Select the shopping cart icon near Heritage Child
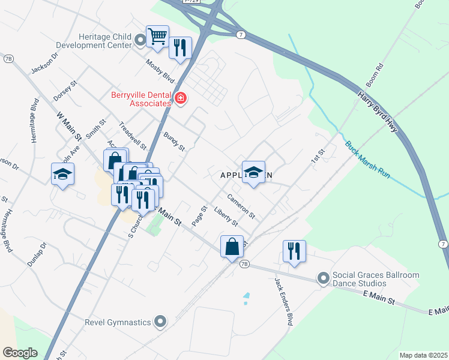click(x=157, y=37)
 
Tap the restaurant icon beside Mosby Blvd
click(x=180, y=47)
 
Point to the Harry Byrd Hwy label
click(x=378, y=113)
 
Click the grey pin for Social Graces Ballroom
click(x=324, y=278)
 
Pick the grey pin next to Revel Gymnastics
click(x=160, y=322)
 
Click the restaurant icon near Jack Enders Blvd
click(x=294, y=251)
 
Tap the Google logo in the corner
click(x=20, y=353)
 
